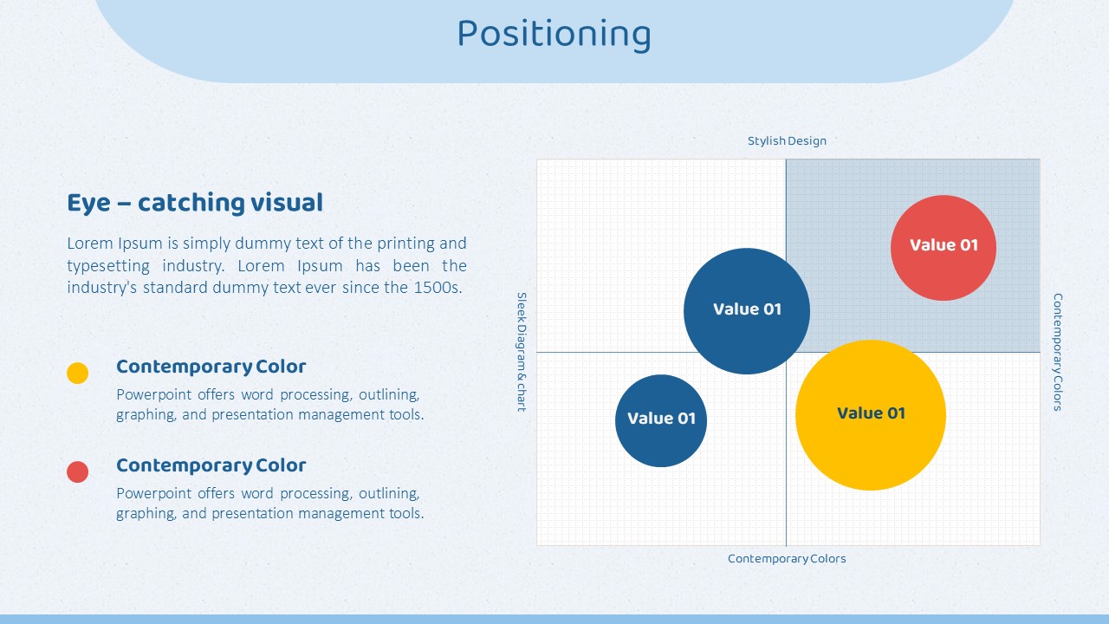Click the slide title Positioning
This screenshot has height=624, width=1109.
[554, 34]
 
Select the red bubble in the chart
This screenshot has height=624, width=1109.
[944, 248]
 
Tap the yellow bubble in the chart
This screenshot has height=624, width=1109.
[871, 415]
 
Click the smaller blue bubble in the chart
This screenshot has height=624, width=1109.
[661, 420]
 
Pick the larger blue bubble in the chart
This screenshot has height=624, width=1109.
[747, 311]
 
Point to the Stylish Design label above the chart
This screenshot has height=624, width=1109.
[787, 140]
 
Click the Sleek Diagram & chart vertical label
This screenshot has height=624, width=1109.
[522, 352]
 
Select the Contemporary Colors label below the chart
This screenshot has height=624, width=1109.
[787, 559]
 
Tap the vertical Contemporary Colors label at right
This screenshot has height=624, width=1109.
[1058, 352]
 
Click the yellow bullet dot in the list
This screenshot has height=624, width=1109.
[78, 373]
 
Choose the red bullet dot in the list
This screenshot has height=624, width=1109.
[78, 472]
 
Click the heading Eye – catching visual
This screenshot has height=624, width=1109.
[195, 203]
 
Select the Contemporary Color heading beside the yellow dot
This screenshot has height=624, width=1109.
[211, 367]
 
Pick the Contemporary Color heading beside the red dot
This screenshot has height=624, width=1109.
[211, 465]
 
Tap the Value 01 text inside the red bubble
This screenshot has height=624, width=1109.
[944, 244]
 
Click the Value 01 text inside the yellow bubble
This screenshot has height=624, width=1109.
[871, 413]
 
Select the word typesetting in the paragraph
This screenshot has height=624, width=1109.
[108, 266]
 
